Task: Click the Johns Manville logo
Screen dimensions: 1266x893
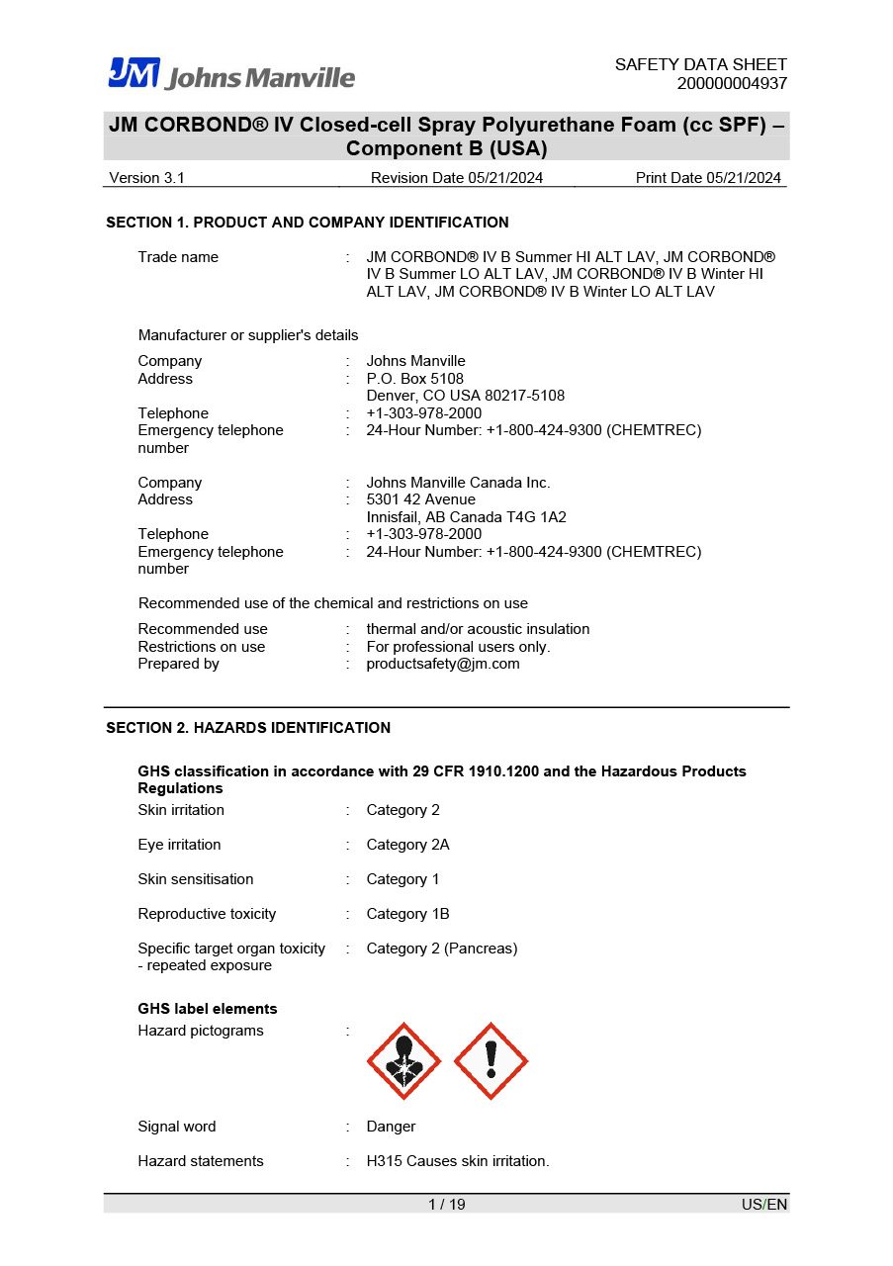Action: point(231,74)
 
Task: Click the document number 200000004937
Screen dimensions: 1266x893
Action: point(732,83)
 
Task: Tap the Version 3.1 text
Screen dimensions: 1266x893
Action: point(146,178)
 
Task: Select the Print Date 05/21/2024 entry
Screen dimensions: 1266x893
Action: point(708,178)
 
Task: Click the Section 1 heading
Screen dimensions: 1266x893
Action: point(308,223)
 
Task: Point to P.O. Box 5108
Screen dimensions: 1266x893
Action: point(414,379)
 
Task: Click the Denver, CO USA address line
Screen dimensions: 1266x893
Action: point(465,396)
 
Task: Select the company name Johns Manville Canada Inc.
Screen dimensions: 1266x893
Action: point(458,483)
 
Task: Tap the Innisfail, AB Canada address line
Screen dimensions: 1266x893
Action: point(466,517)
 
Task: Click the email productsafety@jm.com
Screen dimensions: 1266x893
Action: point(442,664)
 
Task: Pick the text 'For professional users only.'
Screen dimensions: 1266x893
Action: point(458,647)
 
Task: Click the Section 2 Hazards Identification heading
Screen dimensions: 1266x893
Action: point(248,728)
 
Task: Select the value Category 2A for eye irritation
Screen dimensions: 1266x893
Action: point(407,845)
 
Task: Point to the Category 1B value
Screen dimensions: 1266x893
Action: point(407,914)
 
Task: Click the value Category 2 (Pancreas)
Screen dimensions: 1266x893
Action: point(441,949)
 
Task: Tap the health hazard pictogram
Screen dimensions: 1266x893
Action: point(403,1061)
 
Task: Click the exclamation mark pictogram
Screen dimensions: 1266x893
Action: point(491,1061)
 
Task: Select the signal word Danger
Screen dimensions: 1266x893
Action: point(391,1127)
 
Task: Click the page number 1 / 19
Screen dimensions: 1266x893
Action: point(446,1204)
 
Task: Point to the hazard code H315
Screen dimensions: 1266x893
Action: point(383,1161)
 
